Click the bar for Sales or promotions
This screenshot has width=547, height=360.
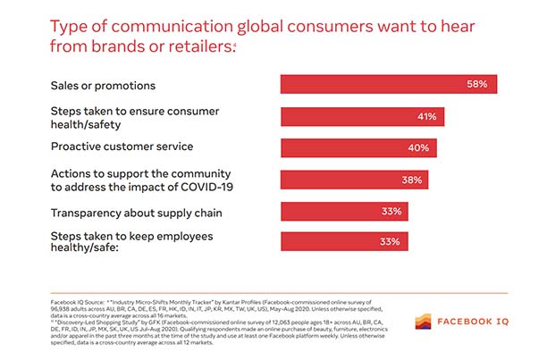coord(388,84)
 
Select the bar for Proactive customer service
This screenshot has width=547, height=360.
coord(358,147)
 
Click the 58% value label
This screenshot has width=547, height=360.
coord(475,84)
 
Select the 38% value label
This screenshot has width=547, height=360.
coord(412,180)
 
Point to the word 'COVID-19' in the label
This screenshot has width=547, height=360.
coord(204,186)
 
